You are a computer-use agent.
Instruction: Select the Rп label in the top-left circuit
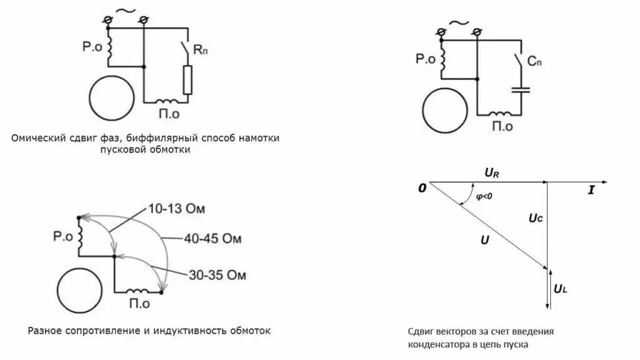pyautogui.click(x=201, y=51)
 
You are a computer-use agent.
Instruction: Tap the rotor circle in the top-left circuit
pyautogui.click(x=111, y=98)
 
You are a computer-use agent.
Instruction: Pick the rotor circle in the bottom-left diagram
pyautogui.click(x=79, y=290)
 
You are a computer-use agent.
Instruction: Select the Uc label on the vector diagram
pyautogui.click(x=535, y=218)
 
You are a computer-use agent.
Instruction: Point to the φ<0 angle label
pyautogui.click(x=484, y=196)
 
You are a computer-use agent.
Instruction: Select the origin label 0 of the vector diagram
pyautogui.click(x=422, y=187)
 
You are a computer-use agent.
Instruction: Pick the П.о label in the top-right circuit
pyautogui.click(x=502, y=126)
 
